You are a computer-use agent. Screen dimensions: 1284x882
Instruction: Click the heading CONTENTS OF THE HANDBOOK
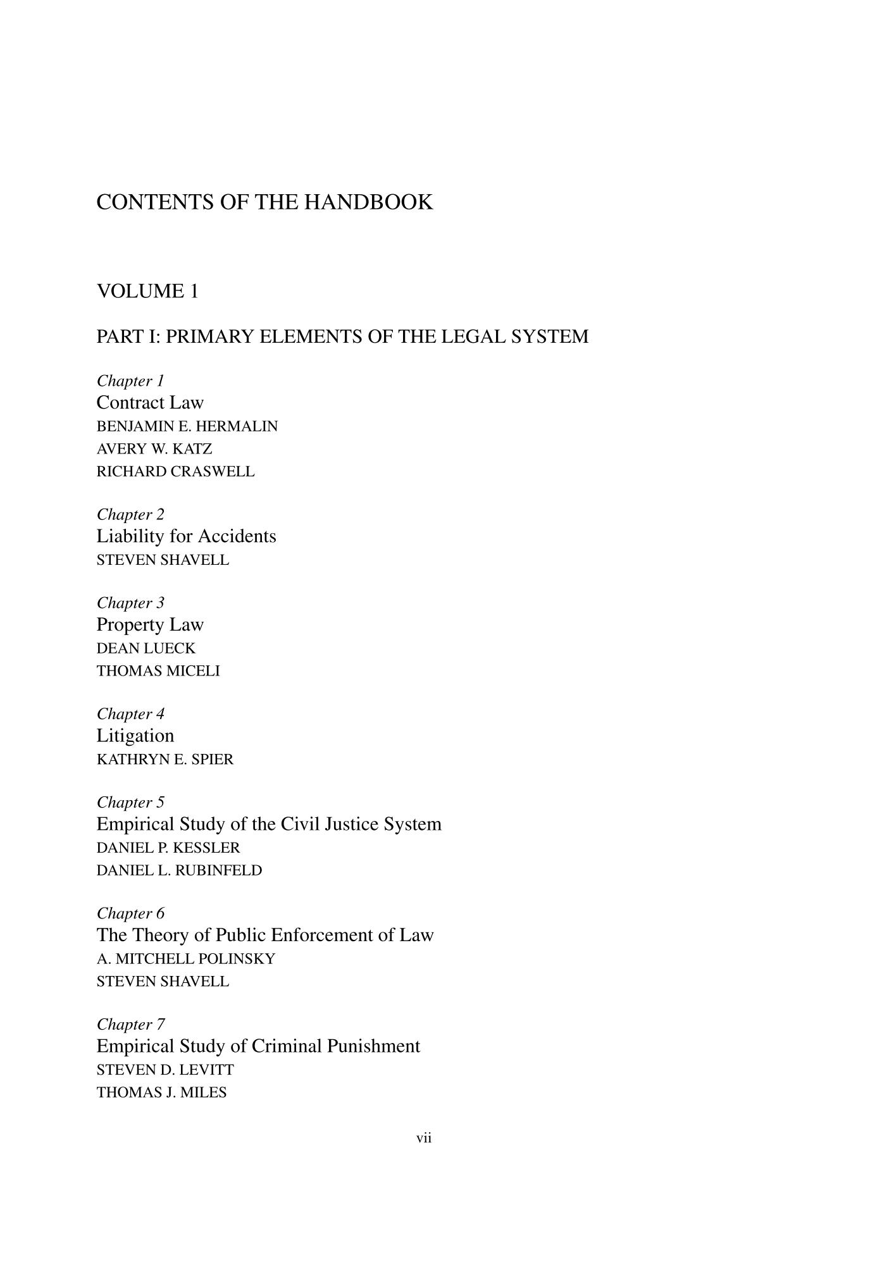point(264,202)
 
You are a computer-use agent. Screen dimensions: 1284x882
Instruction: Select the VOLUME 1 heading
point(147,292)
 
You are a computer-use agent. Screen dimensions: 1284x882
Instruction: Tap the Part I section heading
point(342,336)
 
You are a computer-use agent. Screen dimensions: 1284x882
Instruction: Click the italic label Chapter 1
point(130,381)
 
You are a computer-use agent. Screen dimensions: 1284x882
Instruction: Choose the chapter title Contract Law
point(150,403)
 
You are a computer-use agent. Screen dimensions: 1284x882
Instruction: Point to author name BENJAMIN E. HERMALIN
point(187,426)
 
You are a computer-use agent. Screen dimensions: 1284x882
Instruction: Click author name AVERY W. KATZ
point(154,449)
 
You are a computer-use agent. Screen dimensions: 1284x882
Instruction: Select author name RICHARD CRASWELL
point(175,472)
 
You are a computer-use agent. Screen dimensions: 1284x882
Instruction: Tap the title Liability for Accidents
point(186,536)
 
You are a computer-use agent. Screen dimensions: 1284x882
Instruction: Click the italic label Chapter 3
point(130,603)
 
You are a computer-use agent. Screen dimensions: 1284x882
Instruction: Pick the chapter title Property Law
point(150,625)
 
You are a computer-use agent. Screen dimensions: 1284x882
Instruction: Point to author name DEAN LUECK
point(146,648)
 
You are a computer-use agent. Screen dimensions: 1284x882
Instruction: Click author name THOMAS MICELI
point(158,671)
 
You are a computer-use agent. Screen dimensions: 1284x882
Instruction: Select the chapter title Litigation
point(135,736)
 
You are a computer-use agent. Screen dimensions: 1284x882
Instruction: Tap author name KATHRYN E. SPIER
point(165,760)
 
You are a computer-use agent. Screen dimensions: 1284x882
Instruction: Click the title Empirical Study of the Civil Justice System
point(269,824)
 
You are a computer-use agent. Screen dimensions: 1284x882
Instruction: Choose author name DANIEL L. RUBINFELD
point(179,870)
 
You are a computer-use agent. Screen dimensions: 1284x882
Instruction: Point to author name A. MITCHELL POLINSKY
point(186,959)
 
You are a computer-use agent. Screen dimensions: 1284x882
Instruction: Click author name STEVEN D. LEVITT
point(165,1070)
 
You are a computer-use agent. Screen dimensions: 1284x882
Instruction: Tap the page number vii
point(424,1139)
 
